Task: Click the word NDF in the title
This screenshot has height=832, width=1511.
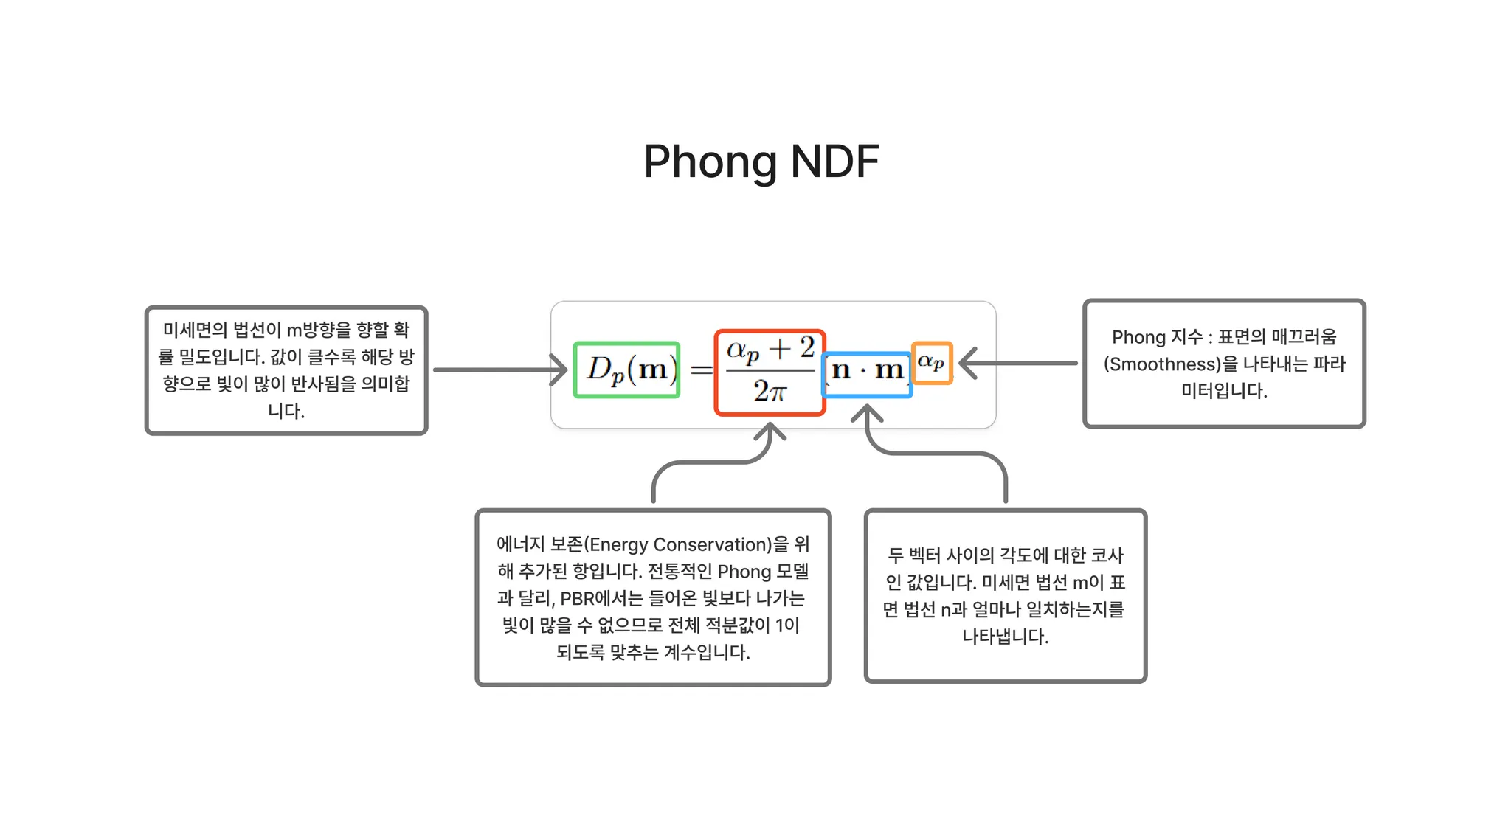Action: [834, 162]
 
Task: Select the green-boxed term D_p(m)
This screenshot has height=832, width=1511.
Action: [626, 370]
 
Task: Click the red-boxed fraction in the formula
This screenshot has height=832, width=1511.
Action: [770, 372]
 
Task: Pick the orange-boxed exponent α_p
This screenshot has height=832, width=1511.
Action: [931, 362]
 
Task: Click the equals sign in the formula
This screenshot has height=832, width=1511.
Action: [701, 370]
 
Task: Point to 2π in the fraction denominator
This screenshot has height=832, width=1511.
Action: [770, 392]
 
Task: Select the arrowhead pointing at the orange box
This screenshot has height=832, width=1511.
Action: [968, 363]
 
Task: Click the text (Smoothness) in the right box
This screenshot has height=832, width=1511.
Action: [1162, 364]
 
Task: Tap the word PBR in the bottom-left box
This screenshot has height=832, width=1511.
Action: [577, 599]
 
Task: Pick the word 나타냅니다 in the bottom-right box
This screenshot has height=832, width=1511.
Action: [1004, 637]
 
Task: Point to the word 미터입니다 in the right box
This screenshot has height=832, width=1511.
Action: [1223, 391]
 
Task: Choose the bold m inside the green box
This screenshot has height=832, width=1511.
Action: [652, 370]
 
